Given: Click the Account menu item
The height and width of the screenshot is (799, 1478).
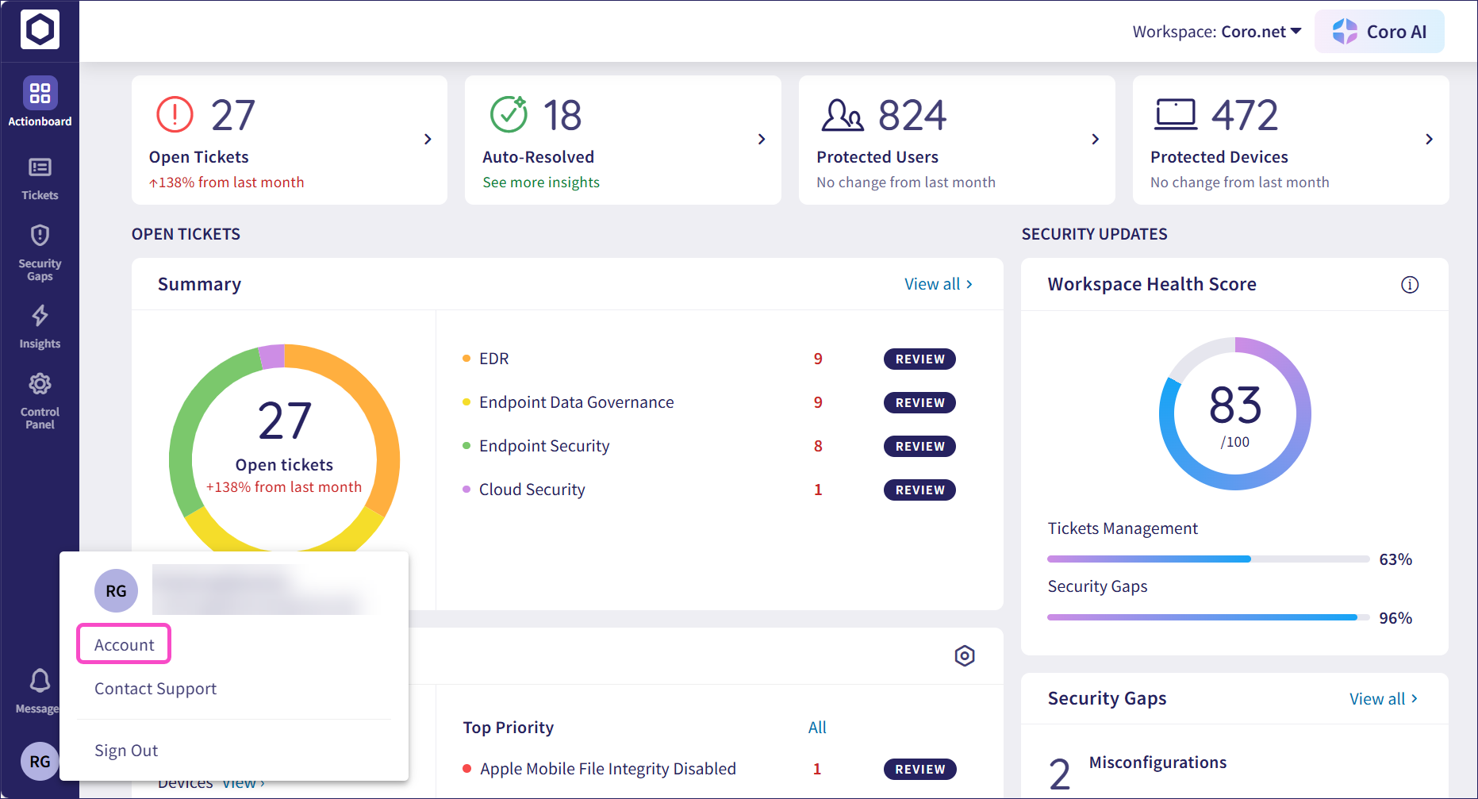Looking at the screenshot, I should point(124,644).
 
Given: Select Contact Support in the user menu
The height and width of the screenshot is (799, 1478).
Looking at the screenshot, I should point(155,689).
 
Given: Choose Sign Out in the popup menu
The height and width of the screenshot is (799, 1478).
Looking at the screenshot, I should point(126,751).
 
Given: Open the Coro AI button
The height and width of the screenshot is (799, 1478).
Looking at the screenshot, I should point(1379,32).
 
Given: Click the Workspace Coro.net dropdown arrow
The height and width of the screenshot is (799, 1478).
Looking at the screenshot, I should point(1296,32).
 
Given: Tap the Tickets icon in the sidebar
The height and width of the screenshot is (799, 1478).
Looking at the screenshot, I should point(40,167).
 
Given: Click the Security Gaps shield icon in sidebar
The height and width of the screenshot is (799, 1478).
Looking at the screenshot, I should point(40,236).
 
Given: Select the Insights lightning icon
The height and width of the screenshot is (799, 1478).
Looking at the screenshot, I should point(40,316).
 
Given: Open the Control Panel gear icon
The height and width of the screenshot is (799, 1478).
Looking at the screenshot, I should point(40,384).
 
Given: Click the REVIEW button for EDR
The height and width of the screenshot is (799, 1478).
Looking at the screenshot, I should point(919,359).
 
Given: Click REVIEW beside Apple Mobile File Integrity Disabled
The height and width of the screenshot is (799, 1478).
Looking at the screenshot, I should point(919,770).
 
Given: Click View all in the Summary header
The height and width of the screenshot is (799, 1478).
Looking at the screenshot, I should point(939,284).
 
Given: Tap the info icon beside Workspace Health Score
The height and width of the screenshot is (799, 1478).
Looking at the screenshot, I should point(1409,285).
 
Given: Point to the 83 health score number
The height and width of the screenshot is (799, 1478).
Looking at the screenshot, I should point(1234,405).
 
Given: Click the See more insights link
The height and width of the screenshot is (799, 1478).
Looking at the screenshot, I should point(541,182).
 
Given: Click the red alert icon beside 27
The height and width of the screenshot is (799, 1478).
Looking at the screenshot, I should point(175,115).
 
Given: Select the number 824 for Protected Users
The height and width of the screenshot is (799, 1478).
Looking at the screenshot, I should point(912,116).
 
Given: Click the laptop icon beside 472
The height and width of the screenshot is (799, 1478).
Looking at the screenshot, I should point(1175,114).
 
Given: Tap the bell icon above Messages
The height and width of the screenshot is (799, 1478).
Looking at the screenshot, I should point(40,681).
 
